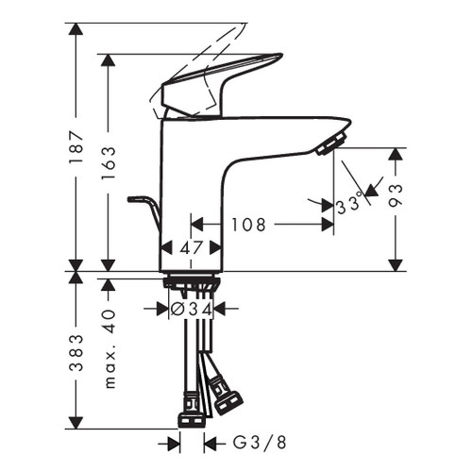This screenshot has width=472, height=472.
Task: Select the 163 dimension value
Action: tap(110, 160)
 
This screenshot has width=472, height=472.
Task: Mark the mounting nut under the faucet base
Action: tap(192, 282)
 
